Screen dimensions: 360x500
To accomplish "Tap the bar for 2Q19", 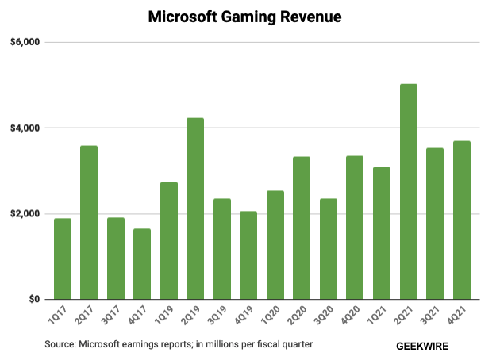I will tap(195, 209).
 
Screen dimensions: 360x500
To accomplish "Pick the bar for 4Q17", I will tap(142, 264).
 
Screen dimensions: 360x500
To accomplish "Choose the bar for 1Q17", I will tap(63, 259).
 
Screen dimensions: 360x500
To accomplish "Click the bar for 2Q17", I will tap(89, 222).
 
